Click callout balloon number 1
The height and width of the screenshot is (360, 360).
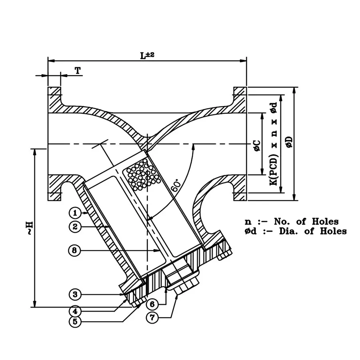(75, 213)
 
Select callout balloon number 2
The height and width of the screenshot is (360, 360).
(75, 227)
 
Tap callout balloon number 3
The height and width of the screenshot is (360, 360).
(75, 294)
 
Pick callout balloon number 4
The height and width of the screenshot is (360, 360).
(75, 311)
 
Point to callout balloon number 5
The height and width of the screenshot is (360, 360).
(75, 322)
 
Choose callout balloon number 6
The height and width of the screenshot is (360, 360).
(152, 304)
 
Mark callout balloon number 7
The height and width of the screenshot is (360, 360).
(152, 318)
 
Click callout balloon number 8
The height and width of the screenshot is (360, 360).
(75, 250)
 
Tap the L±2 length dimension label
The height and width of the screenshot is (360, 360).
(147, 55)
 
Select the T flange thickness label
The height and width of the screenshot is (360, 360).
(78, 70)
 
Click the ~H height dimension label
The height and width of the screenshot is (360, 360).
(30, 228)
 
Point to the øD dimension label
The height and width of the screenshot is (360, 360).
(290, 142)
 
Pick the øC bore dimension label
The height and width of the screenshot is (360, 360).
(257, 146)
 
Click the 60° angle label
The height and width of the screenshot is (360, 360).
(176, 185)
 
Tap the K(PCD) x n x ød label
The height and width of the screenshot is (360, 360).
(274, 144)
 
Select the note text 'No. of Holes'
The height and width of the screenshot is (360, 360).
(306, 222)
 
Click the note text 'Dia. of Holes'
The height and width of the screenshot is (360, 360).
(313, 231)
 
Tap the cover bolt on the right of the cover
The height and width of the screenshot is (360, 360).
(224, 251)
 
